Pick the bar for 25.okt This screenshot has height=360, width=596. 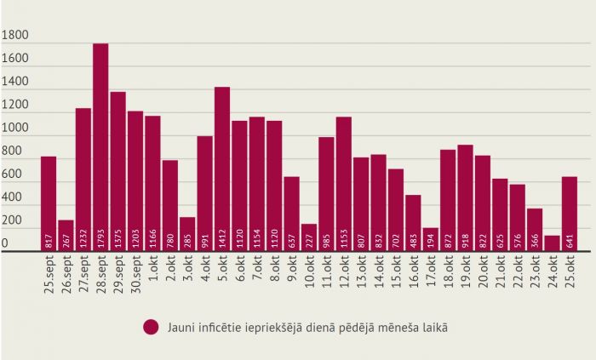[x=570, y=214]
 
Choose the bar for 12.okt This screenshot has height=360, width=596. [x=344, y=183]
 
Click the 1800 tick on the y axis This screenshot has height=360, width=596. [x=15, y=37]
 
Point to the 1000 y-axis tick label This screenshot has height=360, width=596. [x=15, y=129]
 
